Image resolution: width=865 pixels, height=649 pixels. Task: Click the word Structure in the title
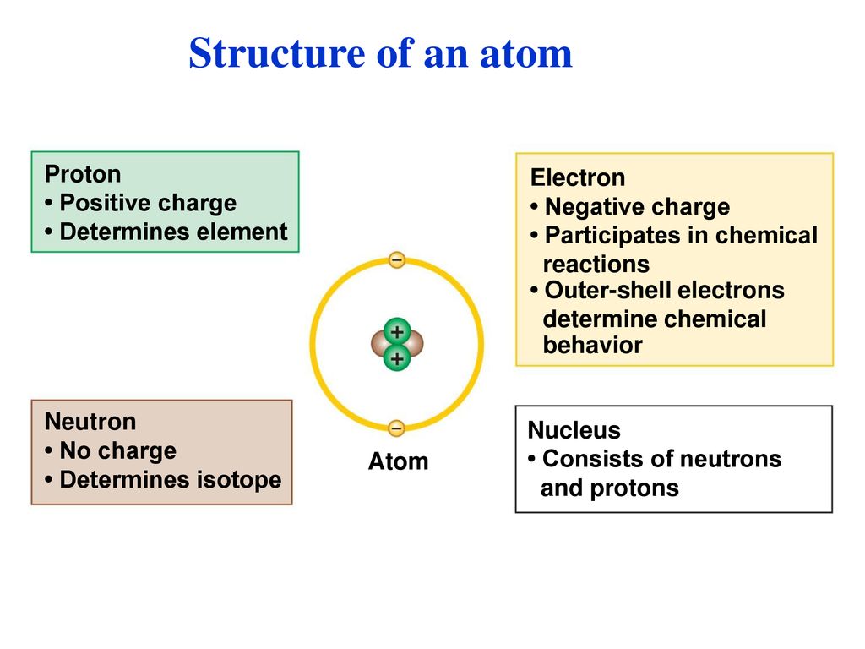tap(277, 53)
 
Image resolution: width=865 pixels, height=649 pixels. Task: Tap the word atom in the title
tap(526, 55)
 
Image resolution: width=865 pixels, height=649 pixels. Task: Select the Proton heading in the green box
tap(83, 174)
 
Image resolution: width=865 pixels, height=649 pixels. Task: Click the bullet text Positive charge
tap(148, 203)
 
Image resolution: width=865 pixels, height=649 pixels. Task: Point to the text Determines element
tap(173, 232)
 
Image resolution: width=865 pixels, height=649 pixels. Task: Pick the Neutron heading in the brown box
tap(90, 422)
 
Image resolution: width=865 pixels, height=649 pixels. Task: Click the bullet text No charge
tap(118, 451)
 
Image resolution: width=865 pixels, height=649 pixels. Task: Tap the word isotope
tap(239, 480)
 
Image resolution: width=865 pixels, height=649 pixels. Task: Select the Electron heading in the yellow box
tap(578, 177)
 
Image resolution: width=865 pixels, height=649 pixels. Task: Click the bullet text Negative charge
tap(637, 207)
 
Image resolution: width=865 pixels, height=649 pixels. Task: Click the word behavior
tap(592, 345)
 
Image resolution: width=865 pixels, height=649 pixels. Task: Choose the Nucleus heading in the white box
tap(574, 430)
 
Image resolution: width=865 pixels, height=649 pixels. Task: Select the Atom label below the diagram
tap(399, 461)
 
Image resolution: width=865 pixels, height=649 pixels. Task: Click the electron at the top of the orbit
tap(397, 260)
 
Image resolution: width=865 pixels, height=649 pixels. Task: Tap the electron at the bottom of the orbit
tap(396, 428)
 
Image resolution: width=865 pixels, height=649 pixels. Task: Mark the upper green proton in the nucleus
tap(397, 332)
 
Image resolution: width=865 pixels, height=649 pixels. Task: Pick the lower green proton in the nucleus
tap(397, 358)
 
